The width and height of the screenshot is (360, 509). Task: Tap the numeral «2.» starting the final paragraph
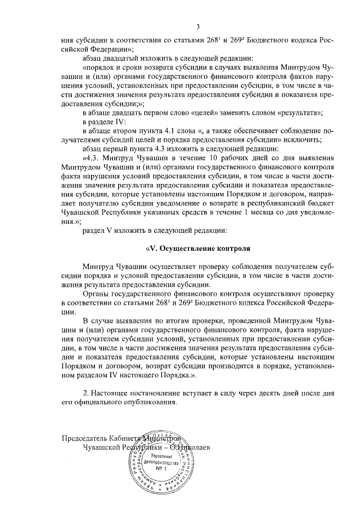point(86,393)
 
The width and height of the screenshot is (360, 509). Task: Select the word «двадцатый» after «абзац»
point(124,58)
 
